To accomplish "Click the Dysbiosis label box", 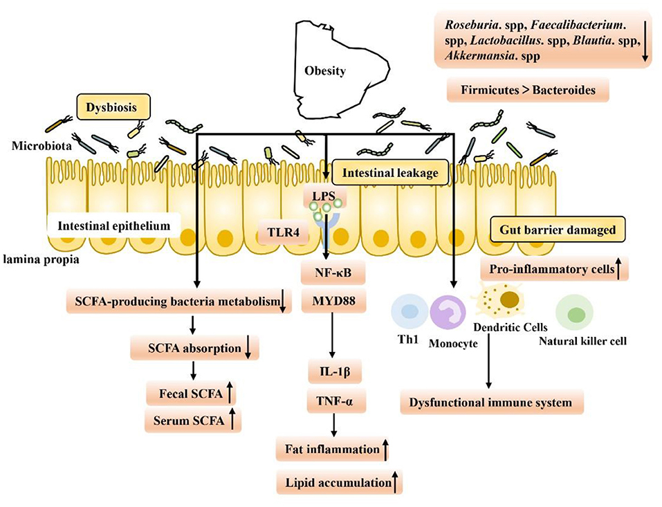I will click(x=112, y=107).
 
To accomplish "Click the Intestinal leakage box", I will click(x=389, y=173).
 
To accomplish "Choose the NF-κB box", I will click(x=333, y=274).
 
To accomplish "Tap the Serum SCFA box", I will click(x=192, y=419).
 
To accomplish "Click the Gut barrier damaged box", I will click(x=558, y=229).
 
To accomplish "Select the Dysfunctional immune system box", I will click(x=491, y=402).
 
